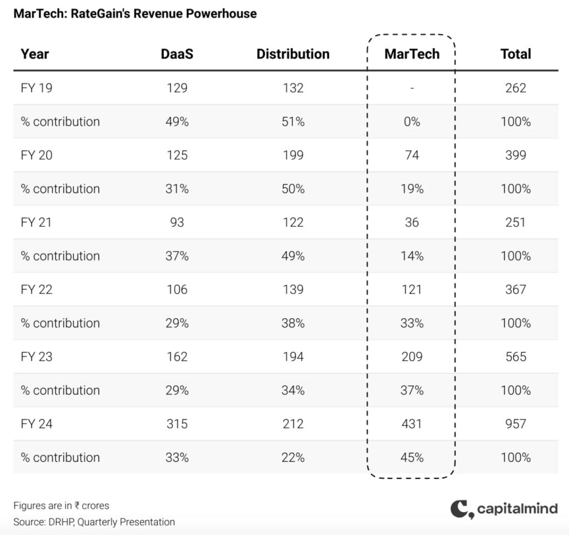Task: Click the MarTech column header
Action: (x=412, y=54)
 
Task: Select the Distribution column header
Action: (x=293, y=54)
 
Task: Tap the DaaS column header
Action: (x=177, y=54)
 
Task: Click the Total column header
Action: (x=516, y=54)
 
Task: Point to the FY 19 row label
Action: (x=37, y=88)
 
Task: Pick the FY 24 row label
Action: (x=37, y=424)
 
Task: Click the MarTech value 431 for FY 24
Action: (x=412, y=424)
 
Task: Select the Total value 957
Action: (x=516, y=424)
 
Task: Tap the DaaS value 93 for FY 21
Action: (x=177, y=222)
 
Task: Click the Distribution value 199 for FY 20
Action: (x=293, y=155)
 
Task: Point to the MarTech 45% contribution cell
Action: (x=412, y=458)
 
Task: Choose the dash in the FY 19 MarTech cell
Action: (x=412, y=88)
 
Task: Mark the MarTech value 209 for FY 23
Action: (x=412, y=357)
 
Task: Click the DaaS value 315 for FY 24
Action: (x=177, y=424)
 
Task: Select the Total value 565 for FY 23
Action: (x=516, y=357)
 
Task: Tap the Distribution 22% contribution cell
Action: (x=293, y=458)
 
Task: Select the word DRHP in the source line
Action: (x=64, y=522)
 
